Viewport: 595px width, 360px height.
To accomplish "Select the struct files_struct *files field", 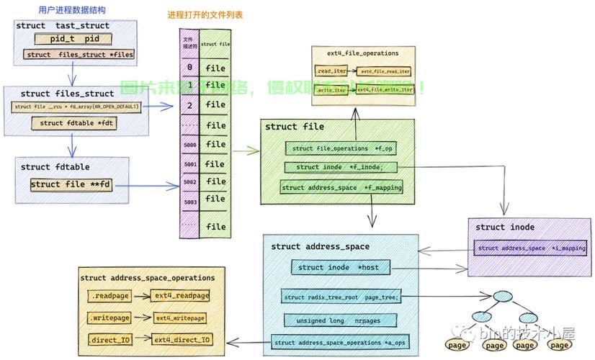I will (80, 55).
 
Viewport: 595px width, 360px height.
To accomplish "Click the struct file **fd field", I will (71, 184).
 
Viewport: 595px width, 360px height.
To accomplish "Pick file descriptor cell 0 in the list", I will (189, 68).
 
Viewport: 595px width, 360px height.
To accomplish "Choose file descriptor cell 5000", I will (189, 145).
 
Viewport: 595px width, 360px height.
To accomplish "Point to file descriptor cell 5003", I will (189, 203).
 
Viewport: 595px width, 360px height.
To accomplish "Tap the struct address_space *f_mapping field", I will (342, 188).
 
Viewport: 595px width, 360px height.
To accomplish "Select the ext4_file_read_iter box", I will (385, 72).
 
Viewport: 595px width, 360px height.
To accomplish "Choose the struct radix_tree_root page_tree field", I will (341, 297).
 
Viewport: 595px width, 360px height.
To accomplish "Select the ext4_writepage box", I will (179, 318).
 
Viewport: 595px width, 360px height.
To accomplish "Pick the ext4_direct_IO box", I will (182, 339).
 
